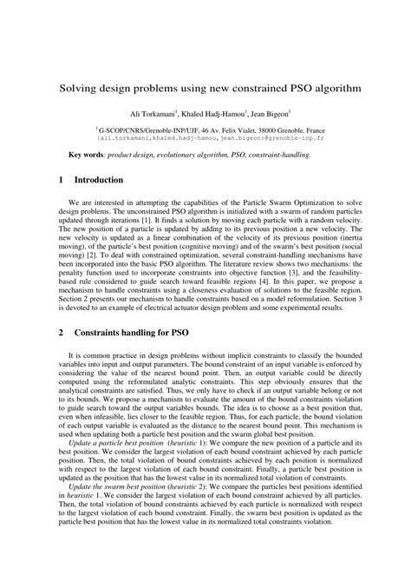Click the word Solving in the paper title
click(79, 89)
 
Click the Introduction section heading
click(99, 181)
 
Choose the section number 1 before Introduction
click(62, 181)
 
